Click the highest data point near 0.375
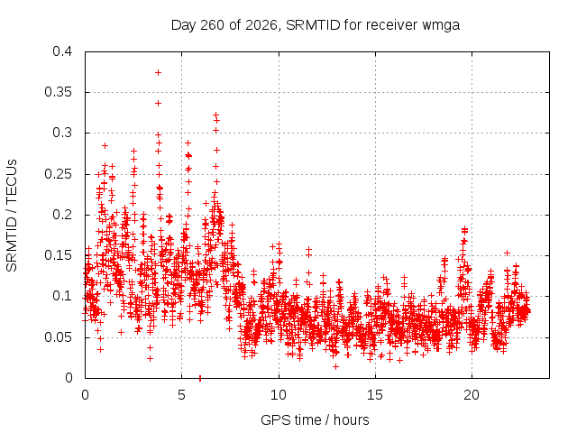159,72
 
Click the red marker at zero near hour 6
200,378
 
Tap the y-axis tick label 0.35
58,92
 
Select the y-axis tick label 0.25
58,174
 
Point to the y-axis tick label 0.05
58,336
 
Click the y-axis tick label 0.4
62,51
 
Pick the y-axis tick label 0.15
58,255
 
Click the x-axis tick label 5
182,395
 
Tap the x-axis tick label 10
279,395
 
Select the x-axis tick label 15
375,395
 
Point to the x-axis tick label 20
472,395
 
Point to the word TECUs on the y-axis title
12,181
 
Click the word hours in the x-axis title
351,419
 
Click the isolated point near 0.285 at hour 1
105,146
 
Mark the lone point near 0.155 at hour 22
507,253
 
